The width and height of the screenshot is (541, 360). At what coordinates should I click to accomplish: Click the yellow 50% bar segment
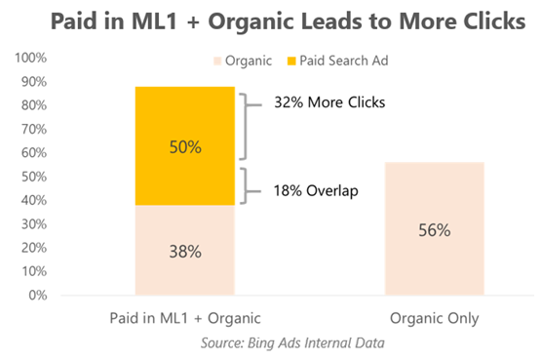[x=185, y=145]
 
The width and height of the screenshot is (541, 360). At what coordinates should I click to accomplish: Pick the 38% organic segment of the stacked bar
[x=185, y=250]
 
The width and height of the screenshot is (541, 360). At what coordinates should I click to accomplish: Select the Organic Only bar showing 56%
[x=434, y=230]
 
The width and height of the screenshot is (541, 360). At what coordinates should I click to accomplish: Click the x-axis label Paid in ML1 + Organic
[x=185, y=317]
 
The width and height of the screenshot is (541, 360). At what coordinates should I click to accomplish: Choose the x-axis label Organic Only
[x=434, y=317]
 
